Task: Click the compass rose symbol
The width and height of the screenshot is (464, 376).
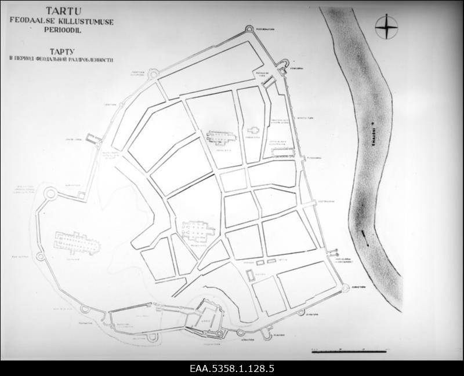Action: click(386, 27)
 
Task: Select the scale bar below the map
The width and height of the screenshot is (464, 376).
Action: click(349, 351)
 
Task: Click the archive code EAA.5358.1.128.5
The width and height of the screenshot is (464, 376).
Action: click(231, 368)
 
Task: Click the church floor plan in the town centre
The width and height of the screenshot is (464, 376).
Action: click(197, 231)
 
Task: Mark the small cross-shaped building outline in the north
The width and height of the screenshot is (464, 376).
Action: click(253, 131)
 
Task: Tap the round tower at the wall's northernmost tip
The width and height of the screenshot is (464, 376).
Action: click(250, 28)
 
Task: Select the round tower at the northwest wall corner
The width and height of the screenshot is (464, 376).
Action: click(153, 74)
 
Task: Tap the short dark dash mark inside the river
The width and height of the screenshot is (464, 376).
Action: click(364, 233)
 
